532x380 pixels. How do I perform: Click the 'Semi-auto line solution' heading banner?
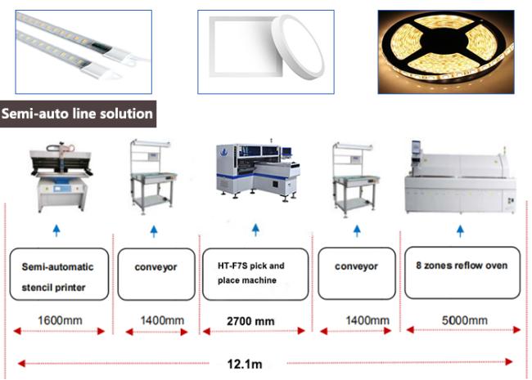click(x=78, y=114)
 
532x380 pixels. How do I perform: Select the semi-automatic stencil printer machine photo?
click(x=61, y=177)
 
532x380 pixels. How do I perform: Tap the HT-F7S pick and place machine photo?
click(x=258, y=170)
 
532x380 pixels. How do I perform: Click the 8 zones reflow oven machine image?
click(x=461, y=177)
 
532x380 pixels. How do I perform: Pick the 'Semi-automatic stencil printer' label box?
click(x=59, y=275)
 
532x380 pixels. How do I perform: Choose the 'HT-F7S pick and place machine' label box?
click(x=255, y=274)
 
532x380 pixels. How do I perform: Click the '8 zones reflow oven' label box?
click(x=462, y=273)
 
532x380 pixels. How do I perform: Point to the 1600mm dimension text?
click(x=60, y=320)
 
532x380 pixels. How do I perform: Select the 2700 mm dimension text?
click(x=250, y=321)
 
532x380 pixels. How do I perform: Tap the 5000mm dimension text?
click(x=465, y=320)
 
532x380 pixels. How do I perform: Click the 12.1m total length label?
click(x=245, y=364)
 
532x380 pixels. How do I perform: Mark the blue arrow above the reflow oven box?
click(x=460, y=231)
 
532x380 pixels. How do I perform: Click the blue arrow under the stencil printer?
click(x=56, y=231)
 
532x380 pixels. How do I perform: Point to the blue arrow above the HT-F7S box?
click(x=256, y=230)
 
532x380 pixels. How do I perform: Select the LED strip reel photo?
click(x=446, y=51)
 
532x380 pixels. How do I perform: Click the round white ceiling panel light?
click(x=297, y=47)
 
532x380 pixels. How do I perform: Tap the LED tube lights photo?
click(x=83, y=51)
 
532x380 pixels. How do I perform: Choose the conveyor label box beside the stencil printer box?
click(x=156, y=275)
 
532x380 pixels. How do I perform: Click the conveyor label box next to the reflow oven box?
click(x=357, y=274)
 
